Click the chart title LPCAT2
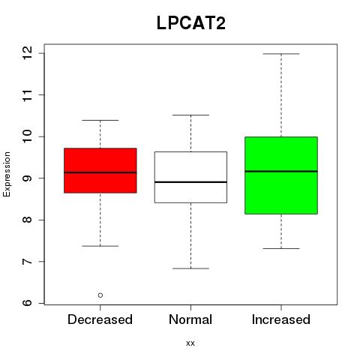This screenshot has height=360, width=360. point(191,23)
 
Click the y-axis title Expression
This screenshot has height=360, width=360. point(7,174)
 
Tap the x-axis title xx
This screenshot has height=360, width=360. point(190,343)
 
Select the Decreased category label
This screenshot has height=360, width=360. point(100,319)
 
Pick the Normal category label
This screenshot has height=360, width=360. point(190,319)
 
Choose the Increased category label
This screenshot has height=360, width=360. point(281,319)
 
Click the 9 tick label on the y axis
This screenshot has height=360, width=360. point(27,178)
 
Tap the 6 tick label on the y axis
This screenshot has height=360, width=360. point(27,303)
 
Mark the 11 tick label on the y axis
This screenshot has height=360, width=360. point(27,95)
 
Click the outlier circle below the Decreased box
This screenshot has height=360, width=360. point(100,295)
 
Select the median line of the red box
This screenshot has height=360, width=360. point(100,172)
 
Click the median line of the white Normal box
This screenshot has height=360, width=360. point(190,182)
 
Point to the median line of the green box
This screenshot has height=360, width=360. point(281,171)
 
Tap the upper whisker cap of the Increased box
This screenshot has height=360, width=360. point(281,54)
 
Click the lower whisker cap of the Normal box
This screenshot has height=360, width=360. point(190,268)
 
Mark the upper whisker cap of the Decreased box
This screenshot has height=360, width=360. point(100,120)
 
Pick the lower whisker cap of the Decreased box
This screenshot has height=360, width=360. point(100,246)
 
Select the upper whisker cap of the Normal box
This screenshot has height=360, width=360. point(190,115)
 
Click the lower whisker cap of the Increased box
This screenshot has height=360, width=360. point(281,248)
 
